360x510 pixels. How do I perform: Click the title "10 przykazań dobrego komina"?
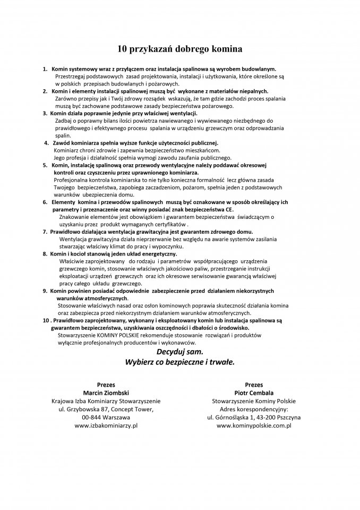(179, 49)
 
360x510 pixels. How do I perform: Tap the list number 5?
(46, 166)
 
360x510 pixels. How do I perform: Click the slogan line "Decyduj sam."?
(179, 352)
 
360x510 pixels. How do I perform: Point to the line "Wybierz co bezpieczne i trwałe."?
(179, 362)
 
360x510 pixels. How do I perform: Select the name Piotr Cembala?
(253, 392)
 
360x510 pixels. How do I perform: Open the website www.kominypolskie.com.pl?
(253, 426)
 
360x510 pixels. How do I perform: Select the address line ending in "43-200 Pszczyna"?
(253, 418)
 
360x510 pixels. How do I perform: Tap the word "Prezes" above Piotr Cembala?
(253, 384)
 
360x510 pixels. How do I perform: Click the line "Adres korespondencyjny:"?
(253, 409)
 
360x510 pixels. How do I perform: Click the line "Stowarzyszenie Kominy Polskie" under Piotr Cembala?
(253, 401)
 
